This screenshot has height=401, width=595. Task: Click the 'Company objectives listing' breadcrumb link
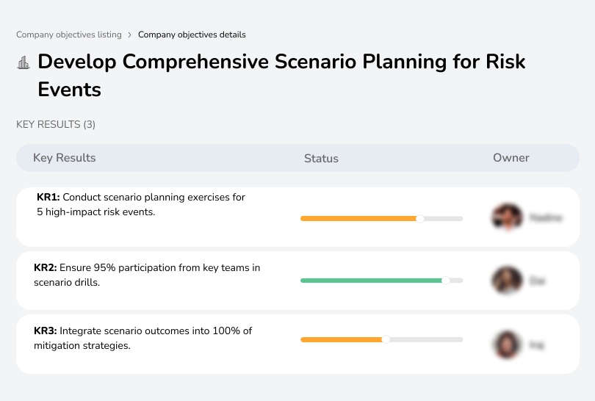coord(68,35)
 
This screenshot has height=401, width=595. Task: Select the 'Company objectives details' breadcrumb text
coord(192,35)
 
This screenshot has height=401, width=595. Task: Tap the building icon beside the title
coord(24,62)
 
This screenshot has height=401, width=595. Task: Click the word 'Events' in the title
coord(69,90)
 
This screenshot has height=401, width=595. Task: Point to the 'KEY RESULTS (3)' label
coord(56,125)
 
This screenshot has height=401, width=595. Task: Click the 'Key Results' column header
coord(64,158)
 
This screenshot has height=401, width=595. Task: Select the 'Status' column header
coord(321,158)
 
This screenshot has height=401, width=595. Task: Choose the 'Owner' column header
coord(511,158)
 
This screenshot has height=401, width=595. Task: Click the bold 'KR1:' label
coord(48,198)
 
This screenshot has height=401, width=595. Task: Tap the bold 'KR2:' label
coord(46,268)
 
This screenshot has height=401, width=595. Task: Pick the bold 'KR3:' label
coord(46,331)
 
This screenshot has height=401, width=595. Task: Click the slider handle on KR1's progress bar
coord(420,218)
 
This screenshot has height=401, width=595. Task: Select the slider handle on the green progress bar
coord(445,281)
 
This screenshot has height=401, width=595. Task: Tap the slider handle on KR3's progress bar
coord(385,339)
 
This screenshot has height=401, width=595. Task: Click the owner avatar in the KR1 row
coord(507,217)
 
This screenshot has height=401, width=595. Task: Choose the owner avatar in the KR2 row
coord(507,281)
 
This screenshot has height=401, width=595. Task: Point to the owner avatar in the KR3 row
coord(507,344)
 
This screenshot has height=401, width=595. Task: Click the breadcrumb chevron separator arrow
coord(129,35)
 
